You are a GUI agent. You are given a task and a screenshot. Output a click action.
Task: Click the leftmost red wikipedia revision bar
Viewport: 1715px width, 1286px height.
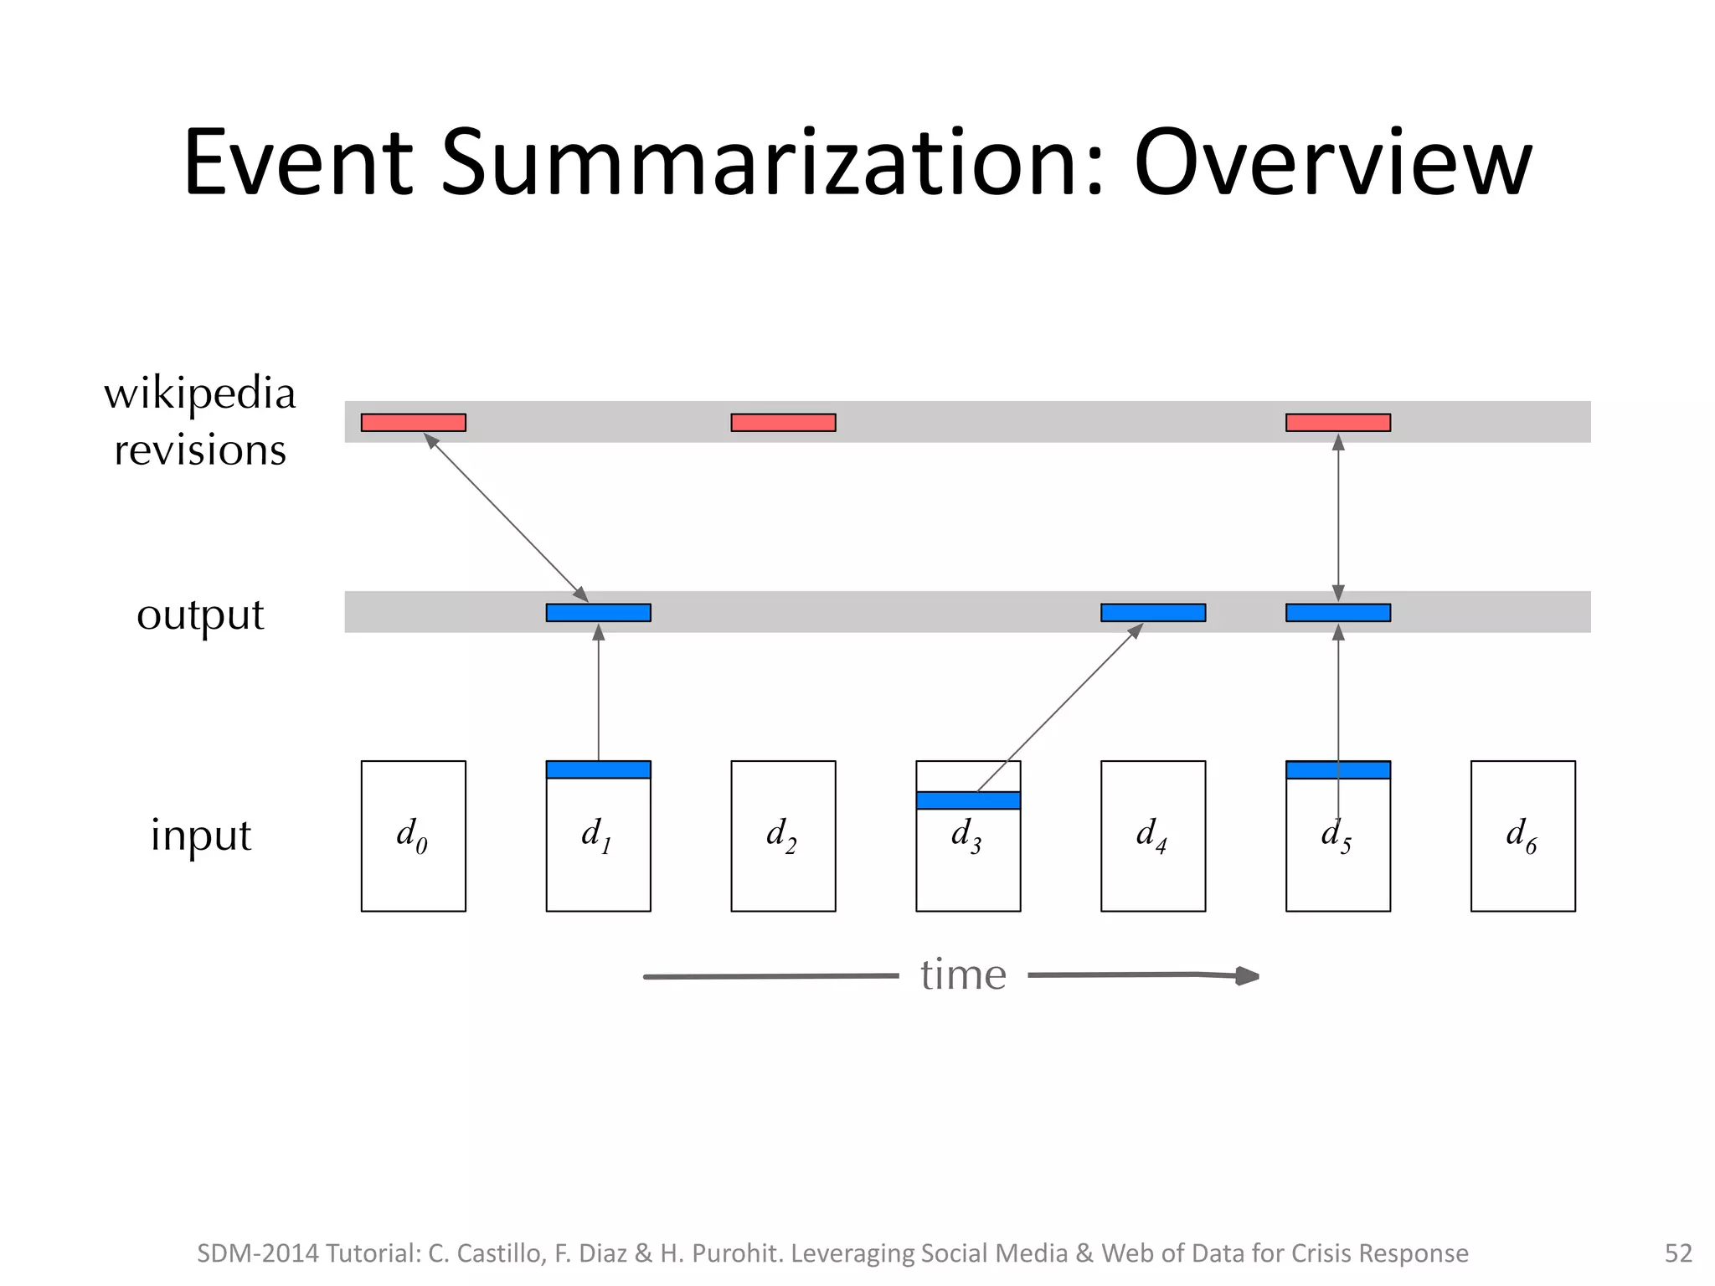click(413, 423)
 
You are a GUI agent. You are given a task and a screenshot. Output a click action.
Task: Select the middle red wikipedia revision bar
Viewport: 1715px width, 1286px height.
click(783, 423)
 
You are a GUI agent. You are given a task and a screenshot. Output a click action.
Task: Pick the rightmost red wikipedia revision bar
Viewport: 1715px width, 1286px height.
click(1337, 423)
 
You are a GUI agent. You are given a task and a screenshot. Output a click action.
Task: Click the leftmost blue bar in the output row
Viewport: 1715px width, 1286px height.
click(598, 613)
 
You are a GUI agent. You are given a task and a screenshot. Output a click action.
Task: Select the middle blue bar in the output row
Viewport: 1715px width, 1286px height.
click(1152, 613)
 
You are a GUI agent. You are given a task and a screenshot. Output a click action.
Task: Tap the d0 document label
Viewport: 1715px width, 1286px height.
click(411, 836)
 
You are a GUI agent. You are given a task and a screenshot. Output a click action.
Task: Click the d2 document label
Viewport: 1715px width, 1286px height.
click(781, 836)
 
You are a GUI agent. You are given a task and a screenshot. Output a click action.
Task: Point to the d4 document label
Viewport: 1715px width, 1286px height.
click(1151, 836)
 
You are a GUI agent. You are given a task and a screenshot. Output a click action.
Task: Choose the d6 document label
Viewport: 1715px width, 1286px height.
click(1521, 836)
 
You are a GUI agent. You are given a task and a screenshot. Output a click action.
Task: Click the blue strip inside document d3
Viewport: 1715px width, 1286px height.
click(968, 800)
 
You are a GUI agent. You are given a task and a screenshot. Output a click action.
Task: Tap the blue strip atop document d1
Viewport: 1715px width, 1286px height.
click(598, 769)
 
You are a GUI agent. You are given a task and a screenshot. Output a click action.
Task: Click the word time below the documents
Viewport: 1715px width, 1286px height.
click(963, 975)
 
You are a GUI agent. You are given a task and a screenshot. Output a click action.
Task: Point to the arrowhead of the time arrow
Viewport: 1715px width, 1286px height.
click(1248, 975)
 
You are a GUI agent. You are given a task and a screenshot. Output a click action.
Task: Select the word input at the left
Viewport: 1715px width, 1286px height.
click(201, 836)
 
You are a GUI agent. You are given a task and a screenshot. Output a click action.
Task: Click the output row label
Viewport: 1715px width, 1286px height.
click(200, 615)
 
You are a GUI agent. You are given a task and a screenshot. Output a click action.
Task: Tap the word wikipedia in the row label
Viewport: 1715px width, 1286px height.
click(200, 394)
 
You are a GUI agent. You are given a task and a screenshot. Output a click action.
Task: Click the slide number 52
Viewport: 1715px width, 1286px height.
click(1678, 1253)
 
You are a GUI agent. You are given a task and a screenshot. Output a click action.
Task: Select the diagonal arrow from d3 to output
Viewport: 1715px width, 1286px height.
click(1059, 707)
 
